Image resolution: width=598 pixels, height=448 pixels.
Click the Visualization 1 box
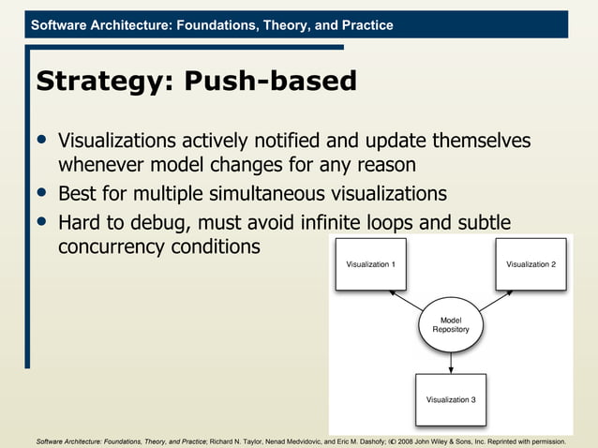point(370,264)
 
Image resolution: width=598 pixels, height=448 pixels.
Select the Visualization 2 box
point(531,264)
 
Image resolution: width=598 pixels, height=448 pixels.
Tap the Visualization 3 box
point(451,399)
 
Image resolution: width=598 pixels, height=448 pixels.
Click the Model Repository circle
point(451,325)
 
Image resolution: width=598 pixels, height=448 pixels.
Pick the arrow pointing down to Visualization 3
point(451,362)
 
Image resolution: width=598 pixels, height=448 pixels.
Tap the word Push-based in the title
point(271,82)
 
